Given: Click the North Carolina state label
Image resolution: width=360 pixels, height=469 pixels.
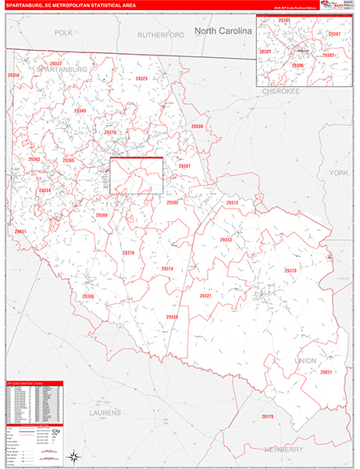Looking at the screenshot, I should [x=223, y=30].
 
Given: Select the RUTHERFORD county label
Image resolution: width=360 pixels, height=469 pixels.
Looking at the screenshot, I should [x=160, y=35].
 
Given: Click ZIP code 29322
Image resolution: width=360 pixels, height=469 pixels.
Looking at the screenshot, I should [x=55, y=63].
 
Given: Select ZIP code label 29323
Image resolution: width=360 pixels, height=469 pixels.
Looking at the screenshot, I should [x=141, y=79].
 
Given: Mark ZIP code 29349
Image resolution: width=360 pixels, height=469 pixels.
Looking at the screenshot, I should [x=80, y=111].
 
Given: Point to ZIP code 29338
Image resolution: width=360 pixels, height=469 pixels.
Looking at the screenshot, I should [x=197, y=127].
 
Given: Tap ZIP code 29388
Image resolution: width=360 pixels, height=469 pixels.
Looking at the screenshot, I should [x=88, y=296].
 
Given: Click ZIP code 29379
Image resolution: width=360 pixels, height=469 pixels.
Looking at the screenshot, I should [x=290, y=270].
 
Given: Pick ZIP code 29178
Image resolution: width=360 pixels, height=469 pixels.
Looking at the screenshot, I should [x=268, y=417].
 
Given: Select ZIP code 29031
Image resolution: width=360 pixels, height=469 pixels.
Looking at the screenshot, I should [x=326, y=372].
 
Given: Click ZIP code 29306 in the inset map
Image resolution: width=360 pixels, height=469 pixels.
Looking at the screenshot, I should [x=298, y=66].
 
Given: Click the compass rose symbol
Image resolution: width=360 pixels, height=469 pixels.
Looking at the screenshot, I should [x=73, y=455].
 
